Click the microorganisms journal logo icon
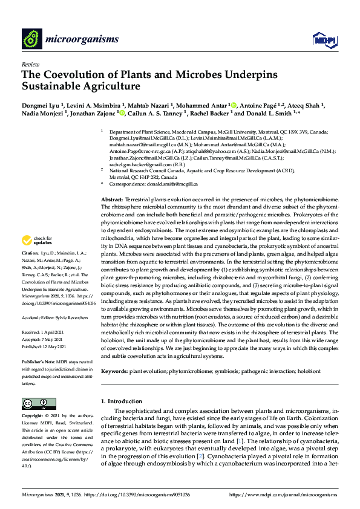[x=31, y=40]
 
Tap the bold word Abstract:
[x=112, y=199]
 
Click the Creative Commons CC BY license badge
[x=34, y=404]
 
